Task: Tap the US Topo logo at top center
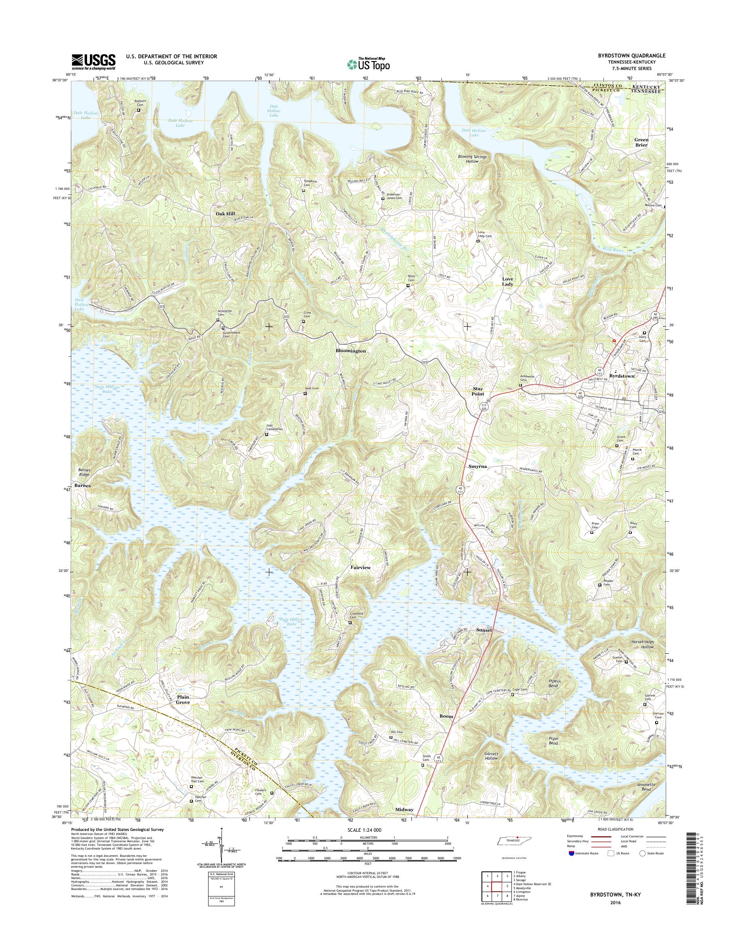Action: (368, 64)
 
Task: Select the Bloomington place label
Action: (350, 351)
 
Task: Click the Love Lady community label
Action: (507, 282)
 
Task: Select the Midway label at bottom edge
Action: (404, 809)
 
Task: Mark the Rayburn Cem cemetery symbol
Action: (139, 110)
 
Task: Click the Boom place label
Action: (446, 716)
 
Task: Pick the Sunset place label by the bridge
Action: (484, 630)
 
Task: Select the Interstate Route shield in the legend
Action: (571, 853)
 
